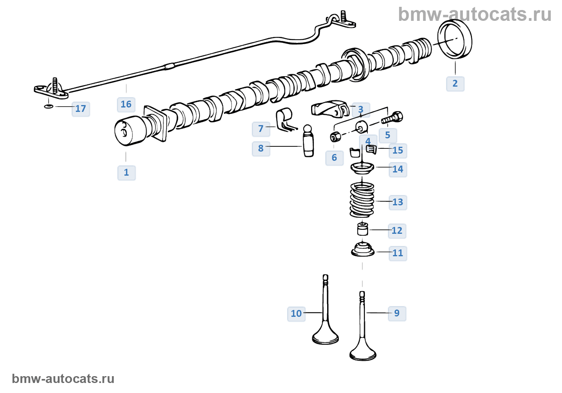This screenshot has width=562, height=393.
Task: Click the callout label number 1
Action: tap(126, 173)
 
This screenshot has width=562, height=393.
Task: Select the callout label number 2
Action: tap(455, 84)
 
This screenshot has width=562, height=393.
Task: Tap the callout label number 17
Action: tap(81, 109)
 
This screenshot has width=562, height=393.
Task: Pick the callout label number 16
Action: tap(126, 105)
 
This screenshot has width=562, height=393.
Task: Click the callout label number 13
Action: tap(397, 202)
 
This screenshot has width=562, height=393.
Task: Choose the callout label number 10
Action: tap(296, 314)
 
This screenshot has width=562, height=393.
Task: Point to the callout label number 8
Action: tap(261, 149)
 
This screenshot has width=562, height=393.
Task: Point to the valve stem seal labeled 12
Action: tap(362, 230)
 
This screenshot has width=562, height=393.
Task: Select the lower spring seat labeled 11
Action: tap(363, 250)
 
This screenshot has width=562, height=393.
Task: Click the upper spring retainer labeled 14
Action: tap(362, 168)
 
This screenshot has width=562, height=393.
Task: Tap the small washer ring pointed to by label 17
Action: tap(48, 106)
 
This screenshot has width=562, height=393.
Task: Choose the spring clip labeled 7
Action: tap(284, 120)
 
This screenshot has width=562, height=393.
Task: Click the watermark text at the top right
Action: tap(474, 14)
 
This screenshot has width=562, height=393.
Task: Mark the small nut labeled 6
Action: tap(335, 137)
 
